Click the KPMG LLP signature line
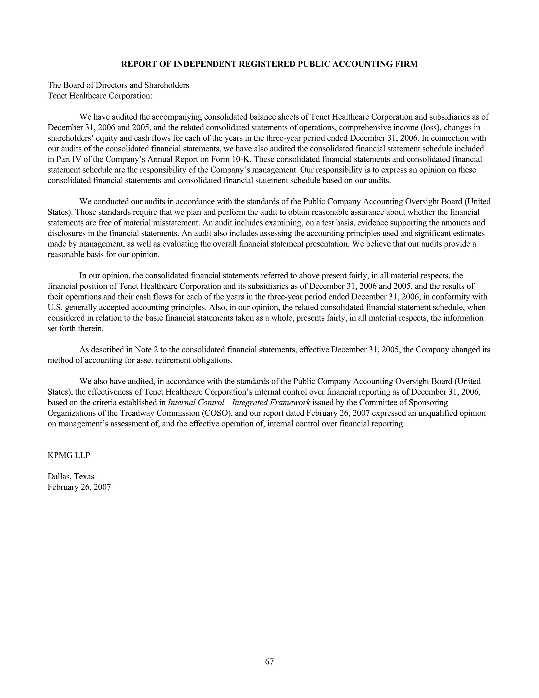[69, 455]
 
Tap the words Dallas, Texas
[71, 476]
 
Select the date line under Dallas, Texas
[79, 487]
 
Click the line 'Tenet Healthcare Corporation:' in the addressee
[100, 96]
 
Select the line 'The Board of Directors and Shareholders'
[118, 85]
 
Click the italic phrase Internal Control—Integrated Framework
[239, 402]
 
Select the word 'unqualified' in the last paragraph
[437, 413]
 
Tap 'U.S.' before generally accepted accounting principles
[54, 307]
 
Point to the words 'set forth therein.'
[76, 328]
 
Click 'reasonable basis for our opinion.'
[103, 255]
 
